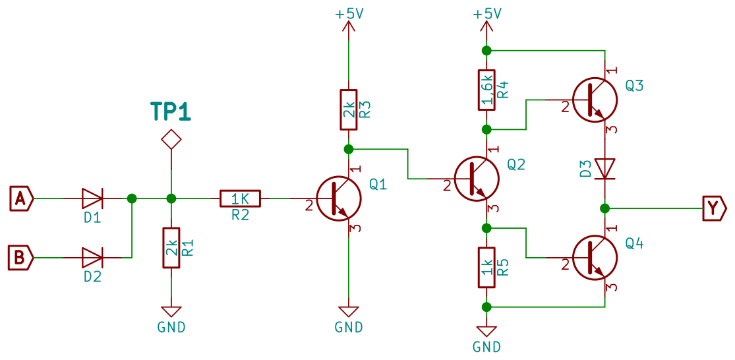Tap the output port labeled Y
(713, 208)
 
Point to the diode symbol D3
(604, 168)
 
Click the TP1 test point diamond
(171, 139)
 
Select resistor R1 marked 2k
(171, 247)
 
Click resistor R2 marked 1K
(240, 198)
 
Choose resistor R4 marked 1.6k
(486, 90)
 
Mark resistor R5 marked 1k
(486, 267)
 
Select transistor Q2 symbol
(477, 177)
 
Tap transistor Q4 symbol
(595, 257)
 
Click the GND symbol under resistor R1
(171, 312)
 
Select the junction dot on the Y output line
(604, 208)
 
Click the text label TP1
(171, 112)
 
